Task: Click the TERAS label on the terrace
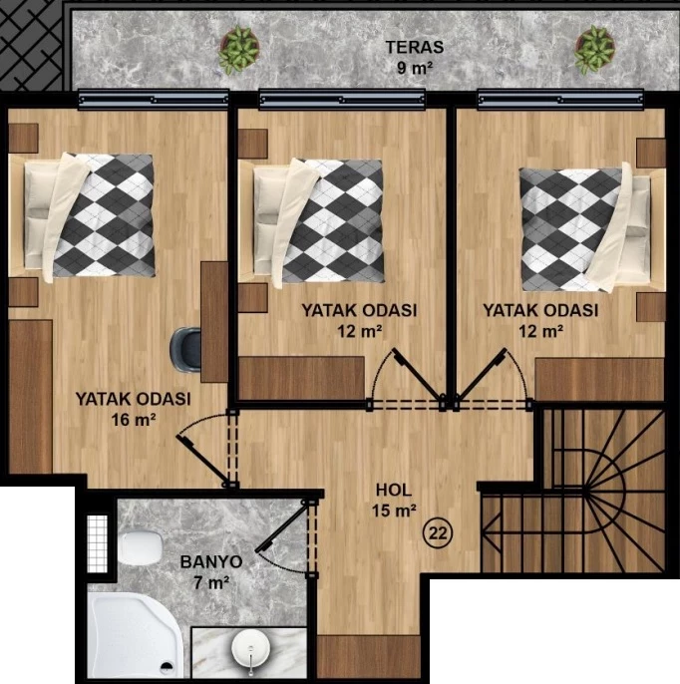tap(415, 47)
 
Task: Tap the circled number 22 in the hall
tap(439, 532)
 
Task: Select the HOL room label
tap(394, 490)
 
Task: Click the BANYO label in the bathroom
tap(211, 562)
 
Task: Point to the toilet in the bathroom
tap(141, 547)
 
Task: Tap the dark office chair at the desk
tap(185, 350)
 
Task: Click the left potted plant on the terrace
tap(238, 50)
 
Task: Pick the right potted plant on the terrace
tap(594, 49)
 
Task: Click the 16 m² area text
tap(134, 420)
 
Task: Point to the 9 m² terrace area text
tap(415, 68)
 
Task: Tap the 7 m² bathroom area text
tap(211, 582)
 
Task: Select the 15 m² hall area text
tap(394, 511)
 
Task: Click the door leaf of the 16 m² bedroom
tap(203, 461)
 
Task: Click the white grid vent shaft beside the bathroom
tap(97, 543)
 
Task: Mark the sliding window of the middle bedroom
tap(342, 100)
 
